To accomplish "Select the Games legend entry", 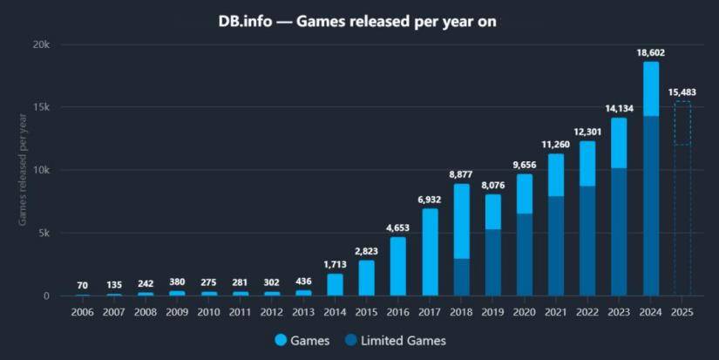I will click(302, 341).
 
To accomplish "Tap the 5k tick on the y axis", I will click(44, 233).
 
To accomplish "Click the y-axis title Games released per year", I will click(24, 169).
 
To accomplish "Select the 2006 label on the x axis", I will click(82, 311).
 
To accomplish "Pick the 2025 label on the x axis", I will click(682, 311).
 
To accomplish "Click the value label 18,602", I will click(651, 53).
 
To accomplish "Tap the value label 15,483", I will click(682, 92).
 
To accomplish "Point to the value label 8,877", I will click(461, 174).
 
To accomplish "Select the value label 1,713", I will click(335, 264).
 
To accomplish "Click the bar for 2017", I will click(430, 252).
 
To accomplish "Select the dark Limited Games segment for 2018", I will click(461, 277).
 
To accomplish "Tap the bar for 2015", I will click(366, 278).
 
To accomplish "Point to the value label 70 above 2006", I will click(82, 285).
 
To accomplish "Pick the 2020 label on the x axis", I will click(524, 311).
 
